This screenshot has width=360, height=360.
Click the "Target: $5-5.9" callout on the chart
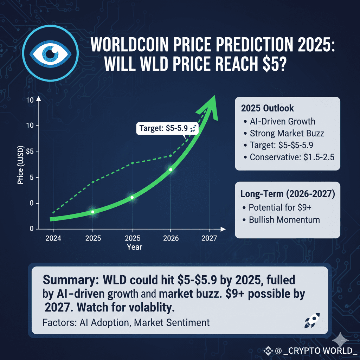pos(167,128)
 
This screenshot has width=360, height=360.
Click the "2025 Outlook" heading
pos(268,108)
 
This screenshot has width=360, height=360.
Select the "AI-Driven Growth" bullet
pos(282,122)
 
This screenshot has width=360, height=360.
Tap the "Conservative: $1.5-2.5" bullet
pos(292,157)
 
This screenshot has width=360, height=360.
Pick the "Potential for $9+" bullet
pos(280,207)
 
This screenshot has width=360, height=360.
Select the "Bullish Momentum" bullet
pos(284,220)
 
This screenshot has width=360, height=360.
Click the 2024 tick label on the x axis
pos(53,238)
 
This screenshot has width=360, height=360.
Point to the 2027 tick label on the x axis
pos(209,238)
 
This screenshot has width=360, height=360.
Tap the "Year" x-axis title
pos(134,247)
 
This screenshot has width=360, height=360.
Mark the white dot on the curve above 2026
pos(171,170)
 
